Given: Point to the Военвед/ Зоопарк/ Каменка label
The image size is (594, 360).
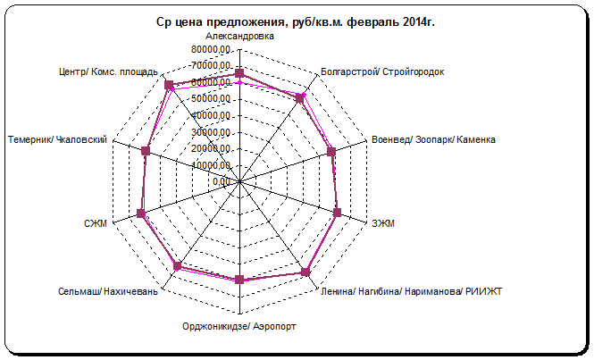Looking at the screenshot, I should (x=434, y=140).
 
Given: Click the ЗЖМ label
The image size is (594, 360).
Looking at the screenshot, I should (x=385, y=222).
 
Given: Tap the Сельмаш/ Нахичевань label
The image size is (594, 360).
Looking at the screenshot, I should (x=108, y=292).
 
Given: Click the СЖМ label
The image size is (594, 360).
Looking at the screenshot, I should (x=95, y=222).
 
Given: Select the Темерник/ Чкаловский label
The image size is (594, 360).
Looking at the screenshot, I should (x=58, y=140).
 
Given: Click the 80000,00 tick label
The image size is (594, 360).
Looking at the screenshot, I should (x=212, y=50).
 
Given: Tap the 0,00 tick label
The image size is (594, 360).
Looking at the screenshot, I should (x=222, y=181).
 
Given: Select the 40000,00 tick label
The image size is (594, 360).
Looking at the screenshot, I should (x=212, y=115).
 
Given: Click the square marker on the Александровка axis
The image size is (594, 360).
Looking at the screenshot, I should (x=239, y=73).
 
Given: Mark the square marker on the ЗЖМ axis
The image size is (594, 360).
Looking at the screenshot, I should (x=338, y=213).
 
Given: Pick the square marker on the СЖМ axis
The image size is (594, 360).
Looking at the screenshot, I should (x=140, y=213).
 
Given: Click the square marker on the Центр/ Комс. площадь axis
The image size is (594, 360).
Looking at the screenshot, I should (x=169, y=85).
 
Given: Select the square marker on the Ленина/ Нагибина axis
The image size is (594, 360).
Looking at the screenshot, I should (x=305, y=272).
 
